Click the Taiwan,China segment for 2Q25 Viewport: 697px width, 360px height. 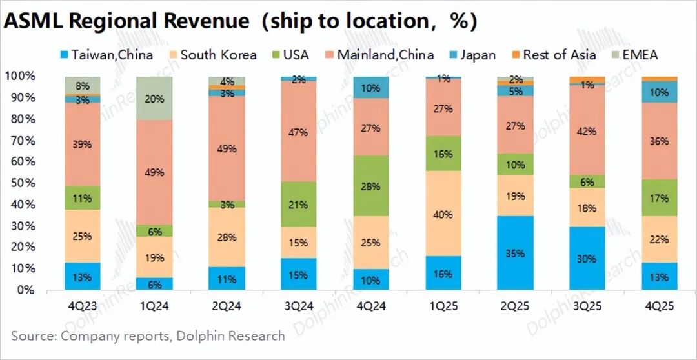click(x=515, y=253)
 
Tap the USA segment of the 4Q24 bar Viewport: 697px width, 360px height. click(x=371, y=186)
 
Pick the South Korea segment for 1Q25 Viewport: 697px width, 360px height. click(x=443, y=214)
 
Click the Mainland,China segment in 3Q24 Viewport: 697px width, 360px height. click(x=299, y=132)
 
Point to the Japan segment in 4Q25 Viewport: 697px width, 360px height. click(x=660, y=92)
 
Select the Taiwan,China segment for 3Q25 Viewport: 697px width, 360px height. click(x=587, y=258)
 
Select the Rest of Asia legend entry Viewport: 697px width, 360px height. click(x=552, y=55)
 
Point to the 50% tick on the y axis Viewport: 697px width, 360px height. click(x=23, y=183)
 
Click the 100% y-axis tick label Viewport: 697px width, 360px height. click(x=20, y=76)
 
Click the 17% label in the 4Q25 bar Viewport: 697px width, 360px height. click(x=660, y=199)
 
